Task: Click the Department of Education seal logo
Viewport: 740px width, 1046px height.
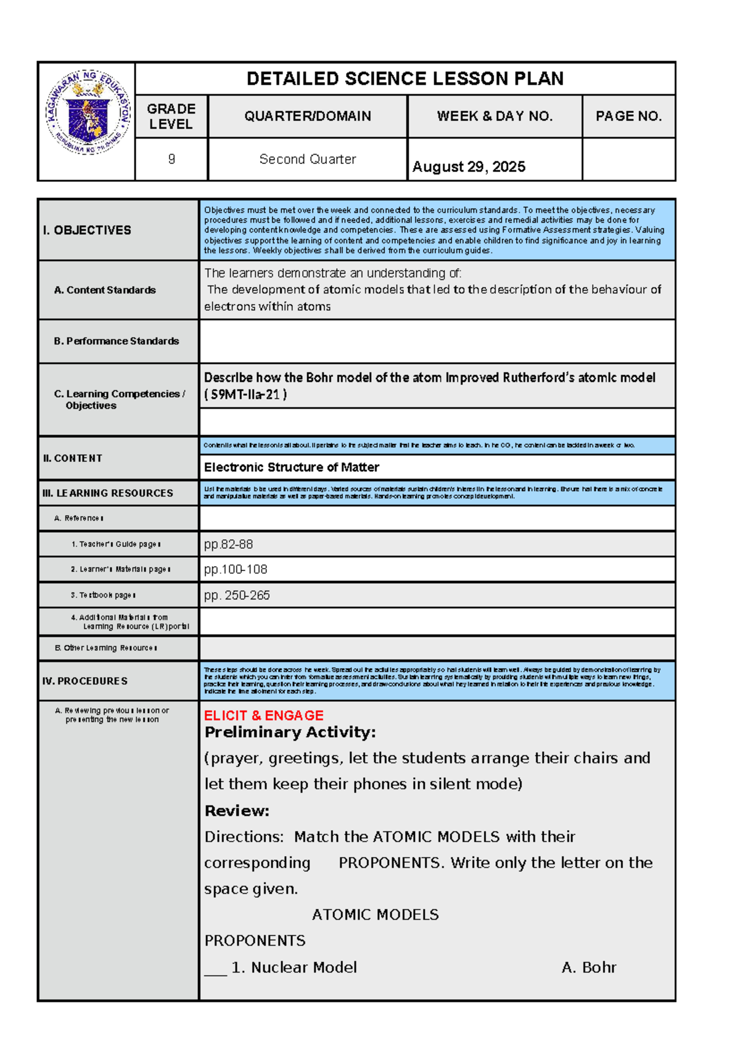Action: point(88,112)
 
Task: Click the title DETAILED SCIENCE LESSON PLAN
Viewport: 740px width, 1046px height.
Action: point(405,79)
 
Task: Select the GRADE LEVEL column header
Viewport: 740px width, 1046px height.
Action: point(171,116)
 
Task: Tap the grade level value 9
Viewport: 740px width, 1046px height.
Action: point(171,159)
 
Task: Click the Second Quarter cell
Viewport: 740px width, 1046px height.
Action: point(307,159)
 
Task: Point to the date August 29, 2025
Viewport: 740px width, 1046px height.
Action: point(469,167)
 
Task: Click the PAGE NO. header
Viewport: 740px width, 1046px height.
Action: point(628,116)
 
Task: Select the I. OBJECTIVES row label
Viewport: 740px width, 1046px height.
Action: point(87,230)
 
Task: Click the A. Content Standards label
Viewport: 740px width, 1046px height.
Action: point(105,290)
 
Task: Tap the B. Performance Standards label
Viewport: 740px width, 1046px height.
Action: point(116,341)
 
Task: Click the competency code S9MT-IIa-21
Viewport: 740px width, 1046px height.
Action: point(245,395)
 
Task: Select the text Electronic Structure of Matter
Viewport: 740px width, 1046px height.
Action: point(291,467)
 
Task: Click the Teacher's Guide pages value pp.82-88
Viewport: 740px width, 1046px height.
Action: point(228,544)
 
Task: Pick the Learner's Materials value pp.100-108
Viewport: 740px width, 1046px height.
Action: point(236,569)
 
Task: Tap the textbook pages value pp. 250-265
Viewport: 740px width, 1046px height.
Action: point(237,595)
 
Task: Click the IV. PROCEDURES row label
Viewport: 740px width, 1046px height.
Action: point(85,681)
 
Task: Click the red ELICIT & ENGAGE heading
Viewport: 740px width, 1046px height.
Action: point(263,715)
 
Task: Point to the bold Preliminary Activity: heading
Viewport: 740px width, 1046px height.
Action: point(290,733)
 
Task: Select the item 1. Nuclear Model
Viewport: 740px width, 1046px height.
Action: point(294,967)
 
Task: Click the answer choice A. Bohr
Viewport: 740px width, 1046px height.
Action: point(588,967)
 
